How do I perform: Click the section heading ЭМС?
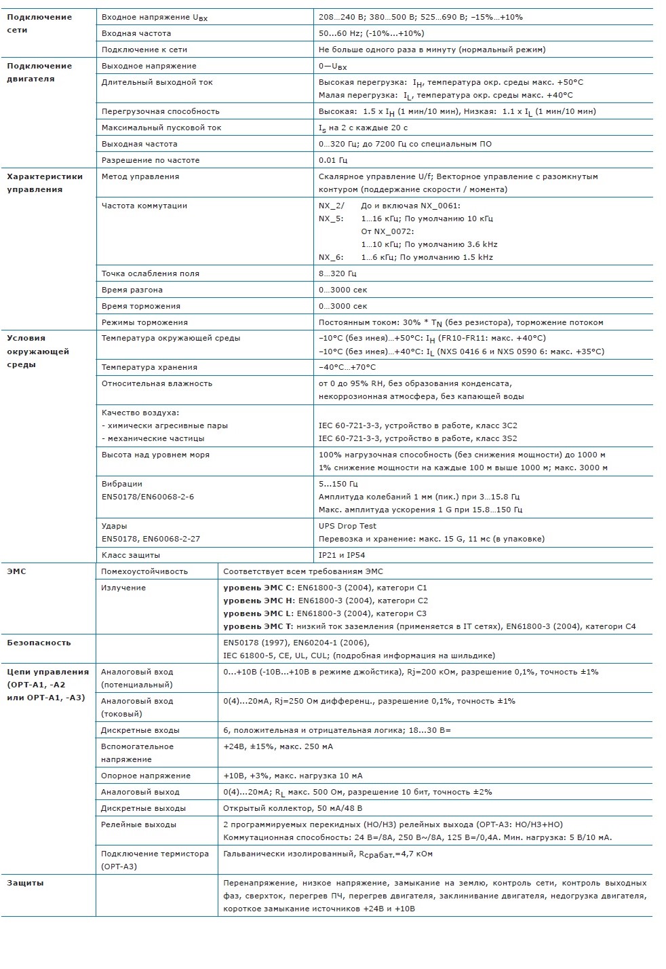16,571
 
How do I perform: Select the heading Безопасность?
39,643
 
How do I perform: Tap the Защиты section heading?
25,883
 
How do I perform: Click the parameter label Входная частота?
136,33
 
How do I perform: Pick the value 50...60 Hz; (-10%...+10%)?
371,33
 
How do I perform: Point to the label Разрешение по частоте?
150,160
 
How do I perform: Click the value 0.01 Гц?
332,160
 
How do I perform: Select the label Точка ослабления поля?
150,273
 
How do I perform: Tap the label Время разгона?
132,290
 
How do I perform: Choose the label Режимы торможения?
144,322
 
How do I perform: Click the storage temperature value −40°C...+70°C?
347,367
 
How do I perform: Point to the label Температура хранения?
149,367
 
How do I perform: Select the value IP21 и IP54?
342,555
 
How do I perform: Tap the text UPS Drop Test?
347,526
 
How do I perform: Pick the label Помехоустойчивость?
144,571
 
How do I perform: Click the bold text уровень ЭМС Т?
258,626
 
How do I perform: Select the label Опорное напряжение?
146,776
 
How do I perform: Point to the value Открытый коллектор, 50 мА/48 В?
292,808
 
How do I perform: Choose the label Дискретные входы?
140,730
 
